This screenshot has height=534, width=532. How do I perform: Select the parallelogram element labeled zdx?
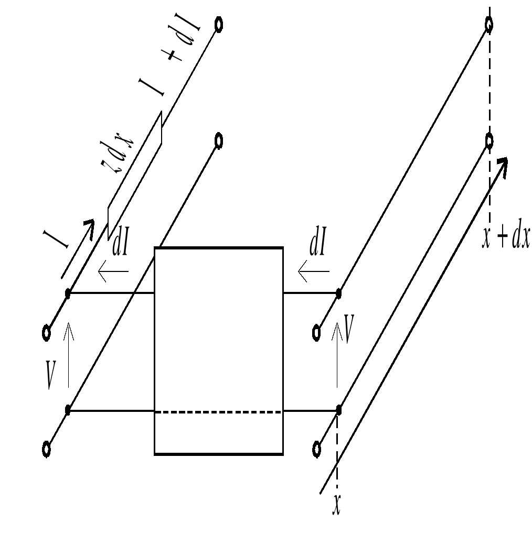coord(135,176)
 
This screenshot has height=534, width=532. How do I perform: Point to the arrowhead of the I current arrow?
coord(89,226)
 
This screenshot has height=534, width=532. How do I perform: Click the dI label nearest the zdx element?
coord(120,244)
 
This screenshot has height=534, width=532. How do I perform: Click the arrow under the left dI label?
coord(113,271)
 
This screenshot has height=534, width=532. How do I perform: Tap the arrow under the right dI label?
coord(314,271)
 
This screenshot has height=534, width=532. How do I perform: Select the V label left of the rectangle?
coord(51,375)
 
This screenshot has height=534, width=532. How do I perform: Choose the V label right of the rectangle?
coord(349,329)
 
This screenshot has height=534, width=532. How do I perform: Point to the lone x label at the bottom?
coord(337,504)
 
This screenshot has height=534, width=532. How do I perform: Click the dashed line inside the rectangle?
coord(219,412)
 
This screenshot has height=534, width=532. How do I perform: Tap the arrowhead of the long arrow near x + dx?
coord(503,165)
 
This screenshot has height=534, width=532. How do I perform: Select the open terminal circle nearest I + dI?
coord(219,25)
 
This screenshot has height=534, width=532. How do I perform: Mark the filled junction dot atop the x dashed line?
coord(338,410)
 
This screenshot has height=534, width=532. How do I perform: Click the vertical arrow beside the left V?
coord(69,355)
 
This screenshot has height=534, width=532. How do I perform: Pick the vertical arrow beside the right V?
coord(337,355)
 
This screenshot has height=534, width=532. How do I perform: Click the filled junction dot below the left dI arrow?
coord(68,293)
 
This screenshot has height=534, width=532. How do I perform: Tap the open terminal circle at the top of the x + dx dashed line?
coord(489,25)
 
